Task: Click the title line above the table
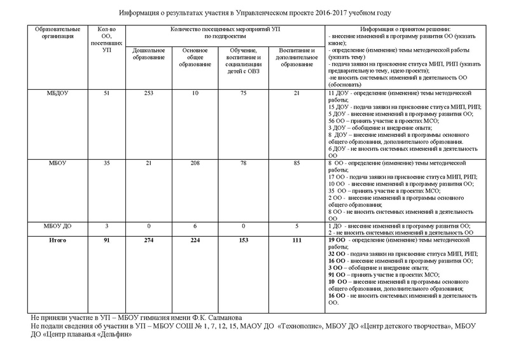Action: (254, 12)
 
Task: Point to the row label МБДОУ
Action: (57, 94)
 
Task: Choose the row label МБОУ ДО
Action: (57, 226)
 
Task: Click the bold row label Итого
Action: (57, 240)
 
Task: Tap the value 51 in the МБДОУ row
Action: (106, 94)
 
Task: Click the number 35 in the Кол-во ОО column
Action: (106, 163)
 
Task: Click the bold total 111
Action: (296, 240)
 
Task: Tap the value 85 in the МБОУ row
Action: (296, 163)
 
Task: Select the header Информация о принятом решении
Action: (405, 30)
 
